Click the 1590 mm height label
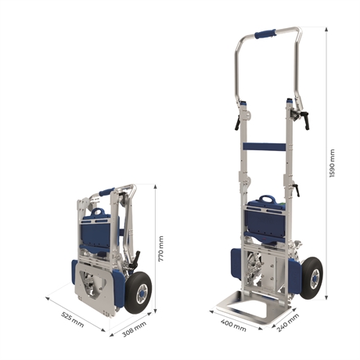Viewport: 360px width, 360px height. coord(332,164)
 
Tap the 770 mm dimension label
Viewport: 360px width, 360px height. coord(161,249)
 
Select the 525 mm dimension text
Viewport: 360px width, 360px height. coord(73,319)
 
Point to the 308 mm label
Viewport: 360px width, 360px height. coord(134,329)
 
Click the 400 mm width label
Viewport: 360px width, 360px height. coord(233,325)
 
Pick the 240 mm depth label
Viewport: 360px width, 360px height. coord(288,323)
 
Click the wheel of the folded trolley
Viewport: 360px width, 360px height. coord(139,293)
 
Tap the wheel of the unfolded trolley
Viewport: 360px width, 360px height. coord(311,278)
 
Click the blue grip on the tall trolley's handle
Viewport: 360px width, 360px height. coord(265,34)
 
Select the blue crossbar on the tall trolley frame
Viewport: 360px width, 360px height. coord(265,146)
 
